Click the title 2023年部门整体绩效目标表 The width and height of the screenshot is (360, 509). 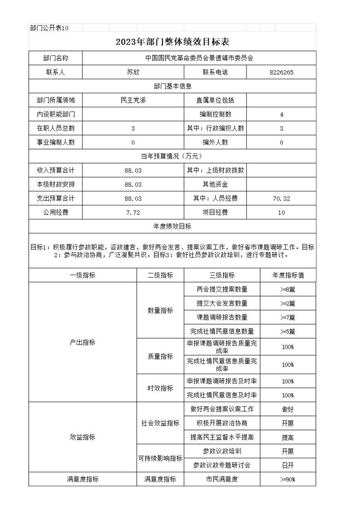172,42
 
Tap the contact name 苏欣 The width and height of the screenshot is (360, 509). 133,72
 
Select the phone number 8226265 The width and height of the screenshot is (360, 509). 281,72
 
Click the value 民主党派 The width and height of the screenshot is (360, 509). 133,100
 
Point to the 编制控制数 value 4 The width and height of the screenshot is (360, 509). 281,115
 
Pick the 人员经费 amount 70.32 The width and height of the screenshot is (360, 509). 281,199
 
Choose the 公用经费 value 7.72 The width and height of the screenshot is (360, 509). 133,213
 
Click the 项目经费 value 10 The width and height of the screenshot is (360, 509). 281,213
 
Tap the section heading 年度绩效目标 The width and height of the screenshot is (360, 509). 172,226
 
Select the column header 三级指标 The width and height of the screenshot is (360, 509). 222,275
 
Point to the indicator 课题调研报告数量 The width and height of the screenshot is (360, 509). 222,317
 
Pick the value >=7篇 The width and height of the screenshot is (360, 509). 288,317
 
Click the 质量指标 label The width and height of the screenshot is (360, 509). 160,356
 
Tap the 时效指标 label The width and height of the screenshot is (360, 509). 160,388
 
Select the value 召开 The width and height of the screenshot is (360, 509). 288,465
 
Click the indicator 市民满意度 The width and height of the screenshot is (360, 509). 222,479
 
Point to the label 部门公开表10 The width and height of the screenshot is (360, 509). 49,28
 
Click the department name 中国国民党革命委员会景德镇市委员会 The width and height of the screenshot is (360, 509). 199,58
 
